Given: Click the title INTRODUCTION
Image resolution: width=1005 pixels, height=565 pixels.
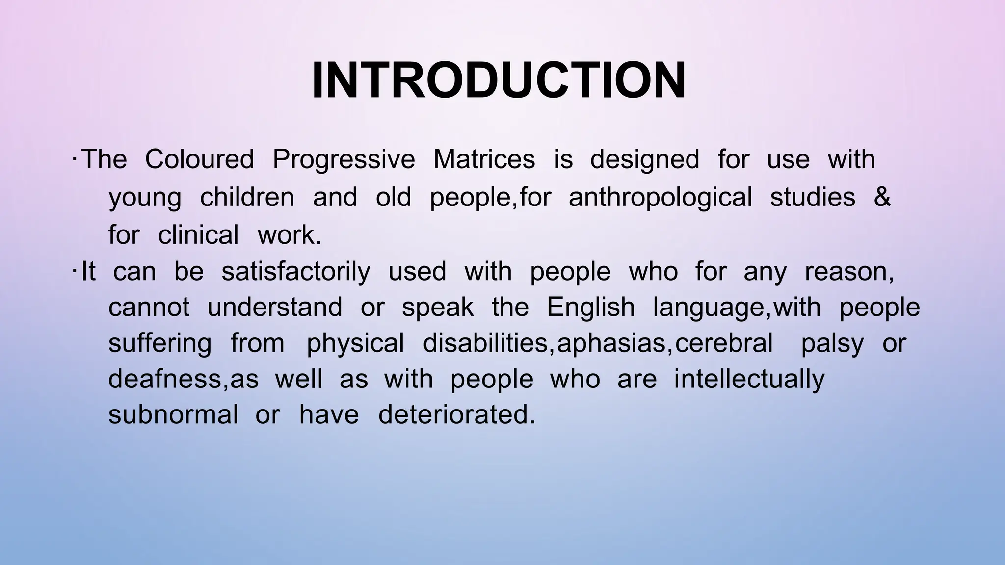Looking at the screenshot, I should pyautogui.click(x=499, y=81).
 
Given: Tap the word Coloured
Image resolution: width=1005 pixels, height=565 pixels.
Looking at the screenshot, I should pyautogui.click(x=199, y=159).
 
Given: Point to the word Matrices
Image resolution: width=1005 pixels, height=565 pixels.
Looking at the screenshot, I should pyautogui.click(x=484, y=159).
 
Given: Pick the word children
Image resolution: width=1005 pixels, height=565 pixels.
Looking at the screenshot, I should pyautogui.click(x=247, y=197).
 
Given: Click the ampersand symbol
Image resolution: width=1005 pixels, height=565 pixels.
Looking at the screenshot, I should pyautogui.click(x=882, y=197).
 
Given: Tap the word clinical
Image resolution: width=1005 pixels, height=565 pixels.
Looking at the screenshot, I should pyautogui.click(x=198, y=234).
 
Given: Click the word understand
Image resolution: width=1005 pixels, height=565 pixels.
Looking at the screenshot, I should pyautogui.click(x=275, y=308).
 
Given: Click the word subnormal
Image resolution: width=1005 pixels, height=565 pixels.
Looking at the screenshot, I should pyautogui.click(x=173, y=414).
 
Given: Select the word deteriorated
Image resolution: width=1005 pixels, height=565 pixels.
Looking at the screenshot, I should pyautogui.click(x=456, y=414).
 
